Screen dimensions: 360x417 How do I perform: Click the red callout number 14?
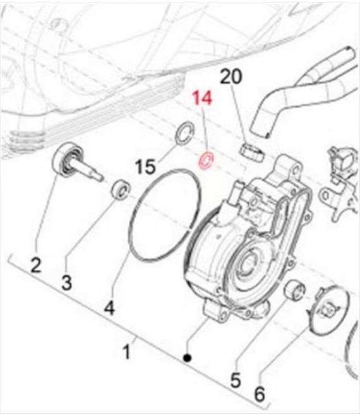pyautogui.click(x=203, y=97)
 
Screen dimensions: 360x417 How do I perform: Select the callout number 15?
pyautogui.click(x=145, y=167)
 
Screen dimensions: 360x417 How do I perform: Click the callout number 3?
pyautogui.click(x=67, y=282)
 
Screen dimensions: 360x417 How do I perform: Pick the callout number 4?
pyautogui.click(x=109, y=308)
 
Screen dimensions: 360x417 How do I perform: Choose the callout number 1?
pyautogui.click(x=127, y=351)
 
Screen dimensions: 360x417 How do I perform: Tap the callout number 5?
pyautogui.click(x=236, y=380)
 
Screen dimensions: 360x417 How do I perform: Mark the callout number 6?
pyautogui.click(x=260, y=394)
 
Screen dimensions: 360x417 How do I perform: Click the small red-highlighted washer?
pyautogui.click(x=206, y=160)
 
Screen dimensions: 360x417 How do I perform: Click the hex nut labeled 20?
pyautogui.click(x=252, y=153)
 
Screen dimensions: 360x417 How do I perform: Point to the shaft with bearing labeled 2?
pyautogui.click(x=75, y=161)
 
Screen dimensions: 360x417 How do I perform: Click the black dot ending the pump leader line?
pyautogui.click(x=188, y=358)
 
